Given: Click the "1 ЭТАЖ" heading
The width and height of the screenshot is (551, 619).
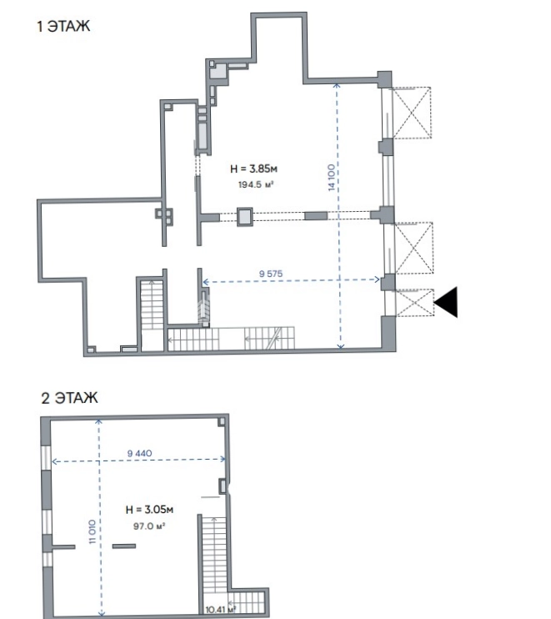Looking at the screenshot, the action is tap(63, 27).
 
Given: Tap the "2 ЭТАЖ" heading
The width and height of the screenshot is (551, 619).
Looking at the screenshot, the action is tap(69, 398).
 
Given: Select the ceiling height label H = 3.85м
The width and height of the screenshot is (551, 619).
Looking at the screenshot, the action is tap(253, 169).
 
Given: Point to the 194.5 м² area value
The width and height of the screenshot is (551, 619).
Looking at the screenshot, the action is tap(256, 184).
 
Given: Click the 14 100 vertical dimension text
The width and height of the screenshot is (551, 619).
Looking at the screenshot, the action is tap(332, 178).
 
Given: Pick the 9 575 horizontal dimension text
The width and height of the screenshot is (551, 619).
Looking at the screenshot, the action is tap(271, 274).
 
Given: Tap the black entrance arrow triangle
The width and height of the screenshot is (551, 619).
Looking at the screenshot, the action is tap(446, 302).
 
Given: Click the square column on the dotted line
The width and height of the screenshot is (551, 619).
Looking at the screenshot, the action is tap(244, 216).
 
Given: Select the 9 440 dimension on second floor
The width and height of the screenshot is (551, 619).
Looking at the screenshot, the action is tap(139, 453).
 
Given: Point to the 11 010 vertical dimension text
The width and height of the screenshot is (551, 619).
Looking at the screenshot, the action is tap(93, 531).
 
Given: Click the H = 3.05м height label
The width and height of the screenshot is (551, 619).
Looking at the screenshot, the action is tap(149, 510).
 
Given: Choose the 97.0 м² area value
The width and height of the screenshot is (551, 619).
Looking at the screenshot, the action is tap(148, 526).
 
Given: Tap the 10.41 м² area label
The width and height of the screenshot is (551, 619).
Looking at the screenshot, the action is tap(220, 610).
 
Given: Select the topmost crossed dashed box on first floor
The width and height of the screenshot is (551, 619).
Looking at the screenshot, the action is tap(412, 113).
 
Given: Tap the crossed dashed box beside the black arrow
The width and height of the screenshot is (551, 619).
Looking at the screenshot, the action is tap(414, 302).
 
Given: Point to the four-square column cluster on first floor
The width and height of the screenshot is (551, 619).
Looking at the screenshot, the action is tap(163, 217).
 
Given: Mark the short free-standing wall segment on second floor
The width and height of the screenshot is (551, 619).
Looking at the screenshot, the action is tap(124, 546).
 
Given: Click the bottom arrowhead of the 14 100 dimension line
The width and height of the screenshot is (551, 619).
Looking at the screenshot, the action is tap(340, 346).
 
